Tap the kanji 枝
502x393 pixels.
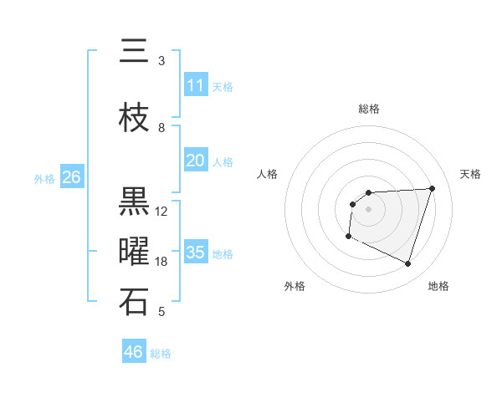pyautogui.click(x=134, y=119)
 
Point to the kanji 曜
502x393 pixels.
pyautogui.click(x=134, y=252)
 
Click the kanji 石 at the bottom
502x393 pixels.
pyautogui.click(x=134, y=302)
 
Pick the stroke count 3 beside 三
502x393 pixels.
pyautogui.click(x=161, y=61)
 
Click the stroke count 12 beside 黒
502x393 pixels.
pyautogui.click(x=161, y=212)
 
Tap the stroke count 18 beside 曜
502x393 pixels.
pyautogui.click(x=161, y=262)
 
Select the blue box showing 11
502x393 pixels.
pyautogui.click(x=195, y=85)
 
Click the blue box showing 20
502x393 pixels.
pyautogui.click(x=195, y=161)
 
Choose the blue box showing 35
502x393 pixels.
pyautogui.click(x=195, y=253)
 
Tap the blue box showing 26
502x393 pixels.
pyautogui.click(x=71, y=177)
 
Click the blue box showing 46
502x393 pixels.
pyautogui.click(x=134, y=352)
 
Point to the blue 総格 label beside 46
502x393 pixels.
pyautogui.click(x=161, y=354)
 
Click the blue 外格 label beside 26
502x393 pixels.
pyautogui.click(x=44, y=178)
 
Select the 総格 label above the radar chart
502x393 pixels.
pyautogui.click(x=368, y=109)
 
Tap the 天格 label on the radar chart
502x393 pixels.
pyautogui.click(x=470, y=174)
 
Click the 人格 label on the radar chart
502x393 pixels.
pyautogui.click(x=267, y=174)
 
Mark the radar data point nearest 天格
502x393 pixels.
pyautogui.click(x=433, y=188)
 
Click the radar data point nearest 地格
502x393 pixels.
pyautogui.click(x=407, y=264)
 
